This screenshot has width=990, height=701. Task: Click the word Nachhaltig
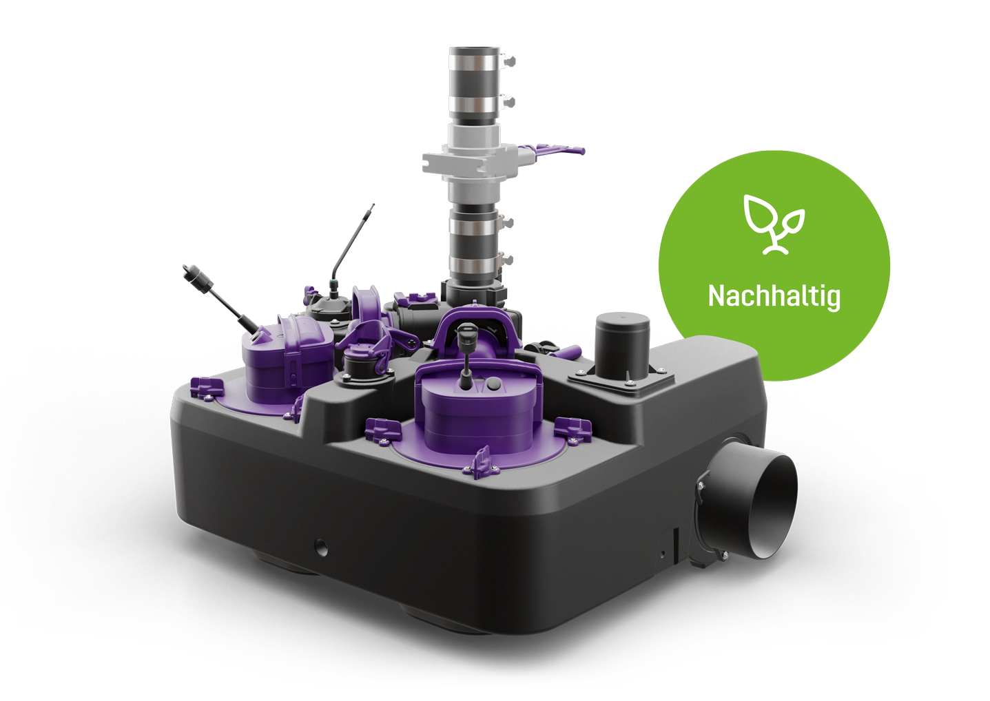[774, 296]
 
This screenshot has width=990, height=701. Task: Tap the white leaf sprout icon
[774, 224]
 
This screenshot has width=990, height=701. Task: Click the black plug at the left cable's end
[197, 278]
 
